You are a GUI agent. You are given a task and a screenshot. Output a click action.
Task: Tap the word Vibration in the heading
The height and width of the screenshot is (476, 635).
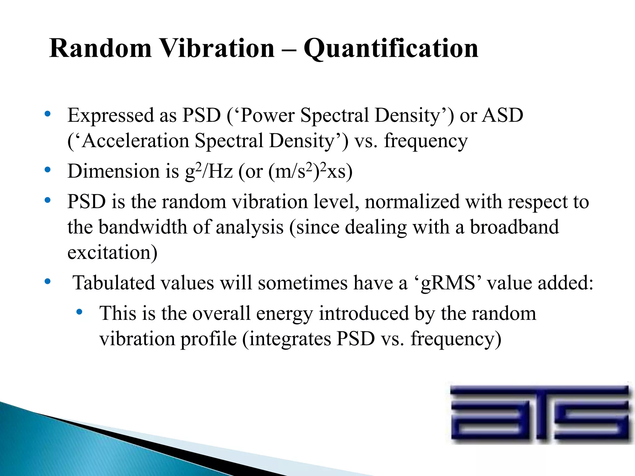(218, 49)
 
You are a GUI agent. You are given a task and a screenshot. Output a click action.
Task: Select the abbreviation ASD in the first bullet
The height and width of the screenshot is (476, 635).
(503, 116)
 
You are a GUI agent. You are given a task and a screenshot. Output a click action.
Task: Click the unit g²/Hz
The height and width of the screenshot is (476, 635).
(209, 171)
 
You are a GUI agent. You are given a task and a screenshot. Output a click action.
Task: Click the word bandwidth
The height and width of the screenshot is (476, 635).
(143, 227)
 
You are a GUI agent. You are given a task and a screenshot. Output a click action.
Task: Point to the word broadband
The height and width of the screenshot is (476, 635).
(514, 227)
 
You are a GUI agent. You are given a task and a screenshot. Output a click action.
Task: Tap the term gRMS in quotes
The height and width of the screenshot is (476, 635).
(448, 283)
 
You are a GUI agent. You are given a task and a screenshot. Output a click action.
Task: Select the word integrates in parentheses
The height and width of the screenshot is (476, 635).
(290, 339)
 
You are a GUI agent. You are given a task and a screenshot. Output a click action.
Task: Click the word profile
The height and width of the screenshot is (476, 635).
(209, 339)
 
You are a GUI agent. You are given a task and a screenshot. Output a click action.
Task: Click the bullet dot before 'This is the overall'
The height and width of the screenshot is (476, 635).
(79, 312)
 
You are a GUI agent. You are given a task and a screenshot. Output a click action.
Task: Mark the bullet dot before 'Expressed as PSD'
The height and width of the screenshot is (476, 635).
(47, 114)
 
